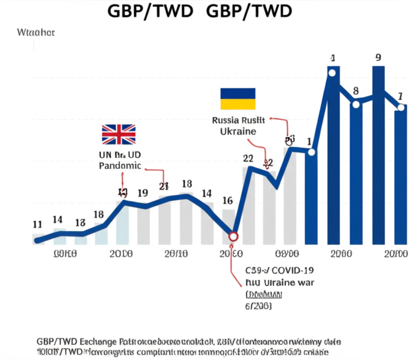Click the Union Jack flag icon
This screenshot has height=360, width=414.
point(118,135)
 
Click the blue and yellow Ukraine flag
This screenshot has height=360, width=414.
point(238,99)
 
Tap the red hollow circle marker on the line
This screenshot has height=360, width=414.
point(233,236)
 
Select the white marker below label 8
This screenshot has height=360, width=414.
point(356,105)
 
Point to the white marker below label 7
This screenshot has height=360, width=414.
point(400,107)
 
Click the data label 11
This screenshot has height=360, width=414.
point(37,224)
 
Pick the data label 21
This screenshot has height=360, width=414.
point(163,186)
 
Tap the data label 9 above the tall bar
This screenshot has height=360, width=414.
point(378,57)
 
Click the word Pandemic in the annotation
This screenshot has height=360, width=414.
point(120,166)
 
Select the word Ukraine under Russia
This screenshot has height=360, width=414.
point(238,131)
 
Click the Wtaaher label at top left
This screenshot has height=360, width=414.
point(36,33)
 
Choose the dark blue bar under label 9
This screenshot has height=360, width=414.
point(378,162)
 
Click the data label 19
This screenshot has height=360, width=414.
point(142,193)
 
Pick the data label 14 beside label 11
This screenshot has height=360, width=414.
point(58,219)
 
